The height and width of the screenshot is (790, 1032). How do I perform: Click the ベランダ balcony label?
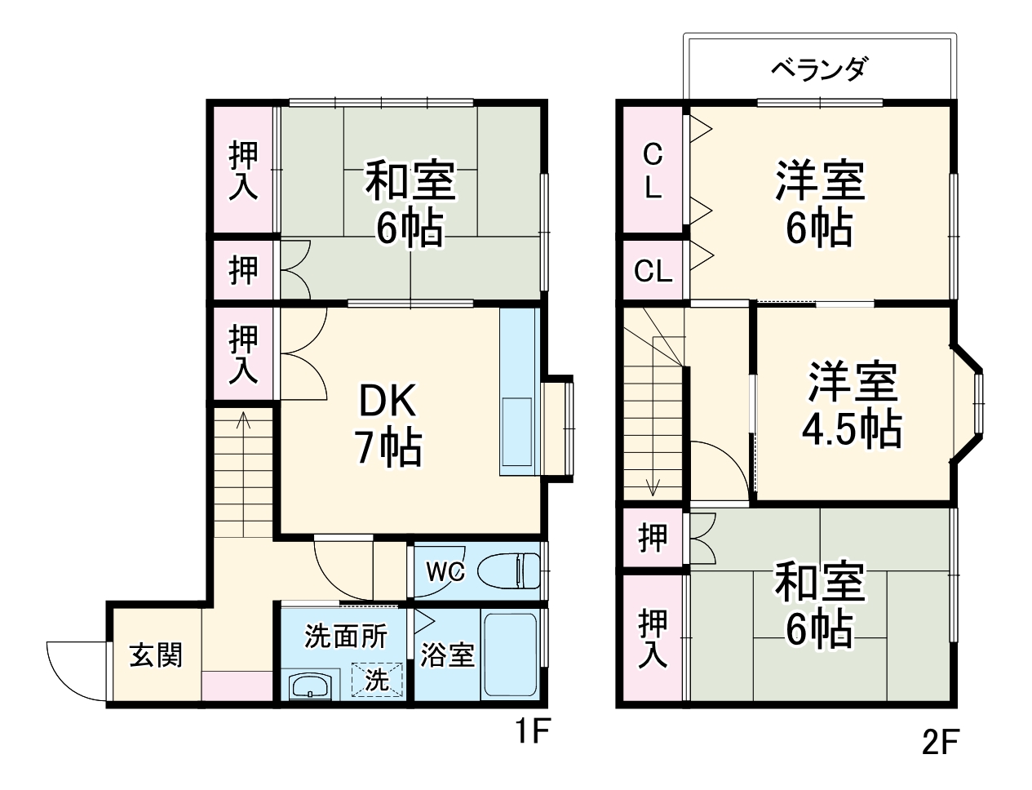(x=818, y=69)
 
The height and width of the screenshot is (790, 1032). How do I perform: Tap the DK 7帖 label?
(x=388, y=424)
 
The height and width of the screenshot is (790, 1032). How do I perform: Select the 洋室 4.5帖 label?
(x=853, y=406)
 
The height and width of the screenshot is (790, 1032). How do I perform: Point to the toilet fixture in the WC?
(x=507, y=570)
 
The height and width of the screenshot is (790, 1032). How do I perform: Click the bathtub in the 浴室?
(x=510, y=655)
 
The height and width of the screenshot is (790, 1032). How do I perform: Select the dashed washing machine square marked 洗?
(x=377, y=679)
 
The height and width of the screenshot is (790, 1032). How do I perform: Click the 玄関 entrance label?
(x=155, y=655)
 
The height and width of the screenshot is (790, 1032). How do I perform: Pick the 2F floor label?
(x=940, y=742)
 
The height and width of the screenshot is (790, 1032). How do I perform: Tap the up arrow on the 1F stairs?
(x=243, y=421)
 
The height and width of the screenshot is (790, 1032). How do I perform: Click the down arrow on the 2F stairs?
(x=653, y=487)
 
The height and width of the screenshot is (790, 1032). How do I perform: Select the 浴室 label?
(x=447, y=655)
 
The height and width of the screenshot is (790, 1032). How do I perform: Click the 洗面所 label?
(x=345, y=636)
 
